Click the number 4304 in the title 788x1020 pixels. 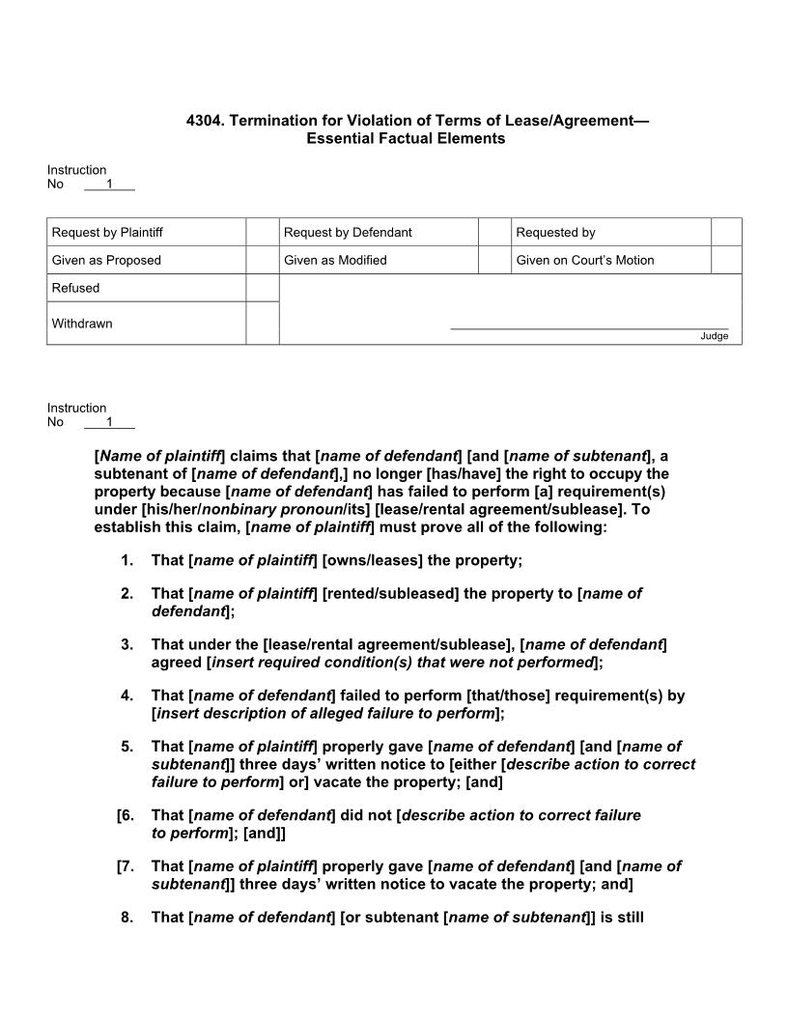coord(203,121)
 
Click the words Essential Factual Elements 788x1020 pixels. coord(406,138)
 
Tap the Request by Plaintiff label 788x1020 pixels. coord(107,232)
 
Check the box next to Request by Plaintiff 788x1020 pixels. coord(262,232)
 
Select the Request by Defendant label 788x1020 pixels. coord(348,232)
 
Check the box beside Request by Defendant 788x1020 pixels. coord(494,232)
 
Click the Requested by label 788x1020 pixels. coord(555,232)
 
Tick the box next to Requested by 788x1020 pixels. coord(726,232)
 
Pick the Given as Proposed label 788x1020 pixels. coord(106,260)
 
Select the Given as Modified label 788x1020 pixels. coord(335,260)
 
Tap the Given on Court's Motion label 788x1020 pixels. coord(584,260)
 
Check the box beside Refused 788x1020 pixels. coord(262,288)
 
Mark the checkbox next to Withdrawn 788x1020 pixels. coord(262,323)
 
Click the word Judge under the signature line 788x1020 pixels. coord(714,336)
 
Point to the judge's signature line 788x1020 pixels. coord(589,328)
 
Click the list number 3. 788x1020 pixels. coord(127,644)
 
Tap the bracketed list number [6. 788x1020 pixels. coord(125,815)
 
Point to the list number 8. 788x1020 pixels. coord(127,918)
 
